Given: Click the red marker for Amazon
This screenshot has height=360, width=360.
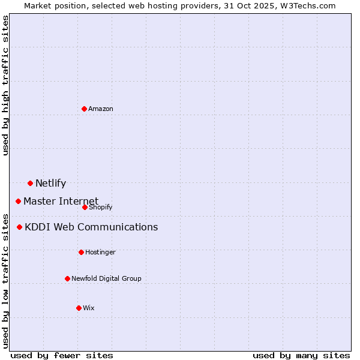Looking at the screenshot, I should click(x=84, y=109).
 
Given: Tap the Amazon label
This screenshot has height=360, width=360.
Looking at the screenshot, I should click(x=101, y=109).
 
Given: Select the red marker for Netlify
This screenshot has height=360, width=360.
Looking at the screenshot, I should click(x=30, y=183).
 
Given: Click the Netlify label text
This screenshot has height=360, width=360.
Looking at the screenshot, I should click(x=50, y=184).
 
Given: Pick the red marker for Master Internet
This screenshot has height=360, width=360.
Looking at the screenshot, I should click(x=18, y=201).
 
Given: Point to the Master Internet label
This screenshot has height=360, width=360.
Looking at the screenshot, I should click(x=61, y=201).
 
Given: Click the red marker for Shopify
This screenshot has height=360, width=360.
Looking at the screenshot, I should click(x=85, y=207).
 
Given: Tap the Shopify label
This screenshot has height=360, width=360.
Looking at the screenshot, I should click(x=100, y=207).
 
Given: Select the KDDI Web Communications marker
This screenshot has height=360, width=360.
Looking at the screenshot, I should click(x=19, y=227).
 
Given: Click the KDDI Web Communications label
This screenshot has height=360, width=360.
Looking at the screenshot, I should click(x=91, y=227).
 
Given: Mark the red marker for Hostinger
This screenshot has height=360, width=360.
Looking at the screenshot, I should click(x=81, y=252).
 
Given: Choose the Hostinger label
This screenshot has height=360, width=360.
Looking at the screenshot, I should click(x=100, y=252).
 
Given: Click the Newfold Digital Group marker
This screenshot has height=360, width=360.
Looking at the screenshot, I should click(x=67, y=278).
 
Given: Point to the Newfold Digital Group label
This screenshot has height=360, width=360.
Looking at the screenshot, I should click(x=106, y=278).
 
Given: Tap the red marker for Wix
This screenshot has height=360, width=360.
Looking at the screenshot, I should click(x=79, y=308).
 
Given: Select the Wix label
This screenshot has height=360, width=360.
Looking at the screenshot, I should click(x=89, y=308).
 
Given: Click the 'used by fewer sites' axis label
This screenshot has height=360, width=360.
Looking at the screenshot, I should click(x=62, y=355).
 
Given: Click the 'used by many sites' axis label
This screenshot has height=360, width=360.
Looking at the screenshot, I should click(x=301, y=355).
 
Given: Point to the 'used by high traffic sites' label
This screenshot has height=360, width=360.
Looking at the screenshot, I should click(x=5, y=85).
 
